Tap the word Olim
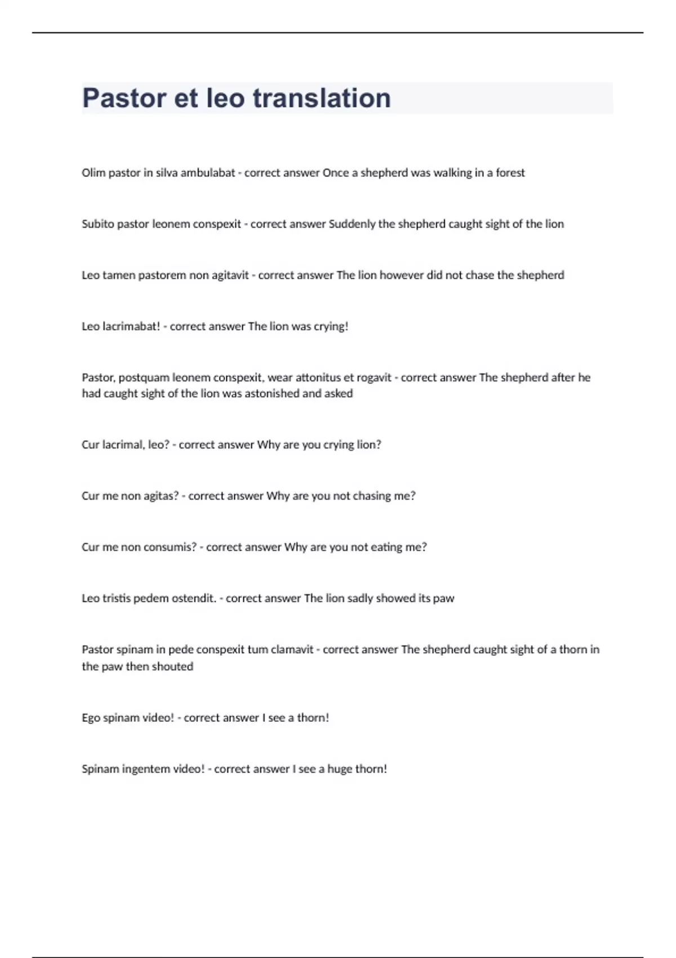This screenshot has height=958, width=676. pos(94,173)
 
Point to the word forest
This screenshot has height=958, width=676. pos(510,173)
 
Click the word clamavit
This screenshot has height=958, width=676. pos(292,650)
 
